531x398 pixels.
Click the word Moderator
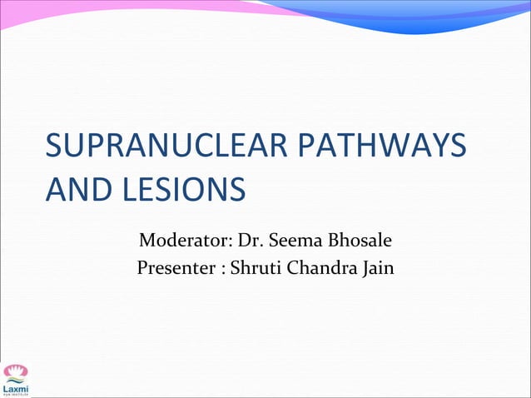183,242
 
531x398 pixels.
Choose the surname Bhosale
359,242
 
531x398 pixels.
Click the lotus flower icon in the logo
15,371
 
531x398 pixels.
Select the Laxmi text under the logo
15,387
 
